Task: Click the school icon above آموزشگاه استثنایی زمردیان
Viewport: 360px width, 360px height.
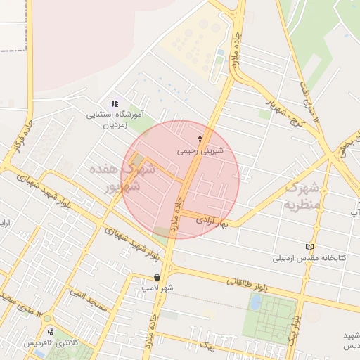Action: tap(115, 103)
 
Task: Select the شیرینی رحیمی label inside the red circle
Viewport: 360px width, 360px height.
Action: tap(201, 150)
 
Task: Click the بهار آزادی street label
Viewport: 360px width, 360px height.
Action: tap(213, 220)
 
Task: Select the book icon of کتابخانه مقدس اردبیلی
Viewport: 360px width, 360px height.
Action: tap(311, 247)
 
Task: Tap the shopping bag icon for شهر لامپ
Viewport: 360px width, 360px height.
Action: tap(156, 278)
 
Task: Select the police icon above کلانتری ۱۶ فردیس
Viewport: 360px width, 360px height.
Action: tap(50, 333)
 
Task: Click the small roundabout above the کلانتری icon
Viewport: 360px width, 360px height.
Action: tap(49, 318)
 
